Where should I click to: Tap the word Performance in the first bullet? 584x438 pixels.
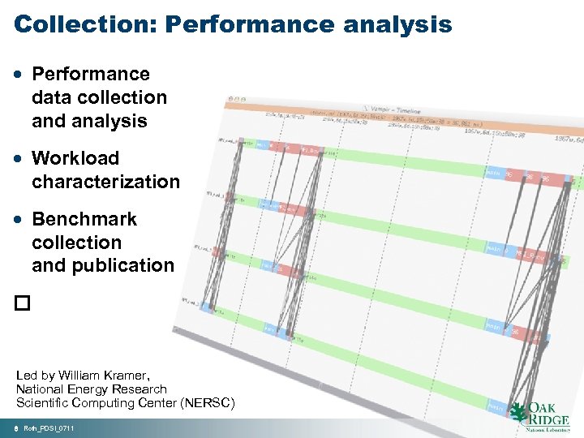pos(91,75)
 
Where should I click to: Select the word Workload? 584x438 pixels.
pos(75,158)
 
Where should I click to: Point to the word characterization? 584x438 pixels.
pos(105,182)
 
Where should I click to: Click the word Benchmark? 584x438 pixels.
pos(84,219)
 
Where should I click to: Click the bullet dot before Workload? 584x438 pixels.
pos(19,158)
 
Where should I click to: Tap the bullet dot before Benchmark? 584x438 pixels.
pos(19,219)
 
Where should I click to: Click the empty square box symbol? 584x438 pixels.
pos(21,303)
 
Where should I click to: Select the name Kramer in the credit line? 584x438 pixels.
pos(126,376)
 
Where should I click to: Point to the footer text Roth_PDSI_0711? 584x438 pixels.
pos(49,427)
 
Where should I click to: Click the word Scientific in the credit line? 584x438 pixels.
pos(42,402)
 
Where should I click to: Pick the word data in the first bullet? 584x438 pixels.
pos(49,98)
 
